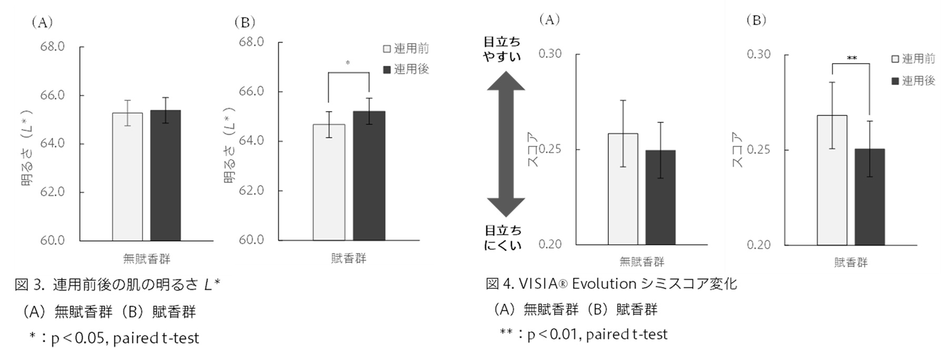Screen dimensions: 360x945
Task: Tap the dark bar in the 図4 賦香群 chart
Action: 869,197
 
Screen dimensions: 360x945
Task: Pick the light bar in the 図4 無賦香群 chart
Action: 623,189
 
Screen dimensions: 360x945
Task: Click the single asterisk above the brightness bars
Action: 348,64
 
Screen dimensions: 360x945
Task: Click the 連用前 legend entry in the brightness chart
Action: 406,49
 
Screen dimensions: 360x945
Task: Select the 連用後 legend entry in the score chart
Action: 913,81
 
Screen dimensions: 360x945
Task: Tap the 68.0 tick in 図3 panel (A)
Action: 52,47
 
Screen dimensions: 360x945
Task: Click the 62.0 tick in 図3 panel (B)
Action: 251,191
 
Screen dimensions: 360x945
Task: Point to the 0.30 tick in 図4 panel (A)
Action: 550,54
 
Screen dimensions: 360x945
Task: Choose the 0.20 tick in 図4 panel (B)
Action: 758,245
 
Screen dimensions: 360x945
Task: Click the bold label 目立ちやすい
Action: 502,49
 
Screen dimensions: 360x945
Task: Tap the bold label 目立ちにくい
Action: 503,238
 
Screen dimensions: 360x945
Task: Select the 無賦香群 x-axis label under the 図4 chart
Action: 641,262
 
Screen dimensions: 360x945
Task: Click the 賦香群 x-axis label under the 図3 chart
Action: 348,258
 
